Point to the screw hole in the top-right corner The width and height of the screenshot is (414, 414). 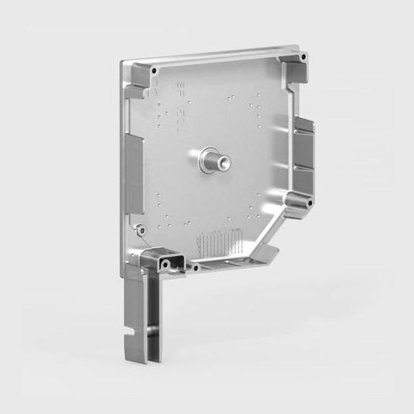click(303, 57)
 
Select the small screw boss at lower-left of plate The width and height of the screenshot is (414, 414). click(141, 229)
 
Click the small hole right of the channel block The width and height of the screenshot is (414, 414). click(194, 266)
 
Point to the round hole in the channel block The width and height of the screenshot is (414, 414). click(166, 265)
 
